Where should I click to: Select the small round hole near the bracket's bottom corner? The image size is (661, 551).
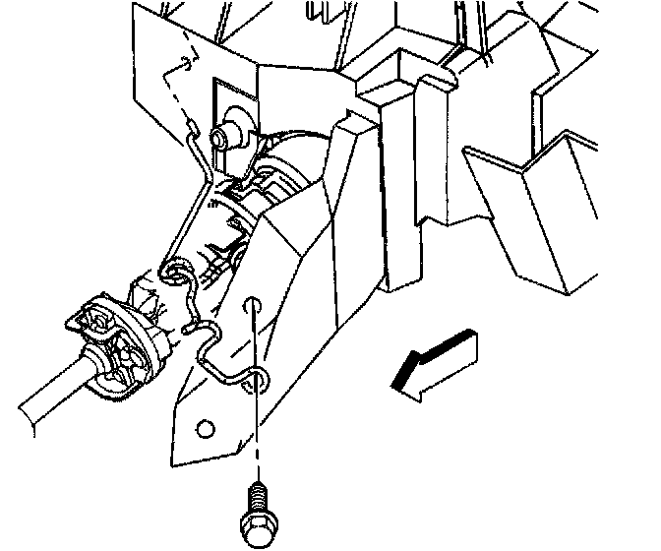[x=205, y=428]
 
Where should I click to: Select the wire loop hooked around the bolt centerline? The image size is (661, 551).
[x=258, y=379]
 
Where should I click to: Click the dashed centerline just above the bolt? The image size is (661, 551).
[x=257, y=433]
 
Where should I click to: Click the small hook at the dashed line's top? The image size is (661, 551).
[x=183, y=64]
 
